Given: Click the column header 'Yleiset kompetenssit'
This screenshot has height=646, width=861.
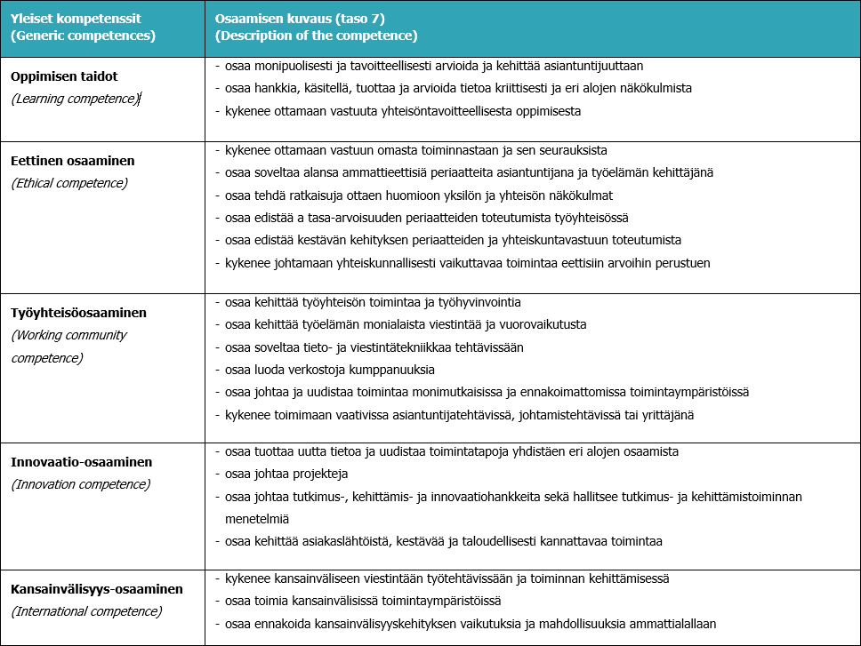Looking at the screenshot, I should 74,19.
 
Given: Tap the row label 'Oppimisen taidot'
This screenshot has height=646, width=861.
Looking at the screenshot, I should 64,76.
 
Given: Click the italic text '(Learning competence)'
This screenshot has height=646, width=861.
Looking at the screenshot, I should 75,99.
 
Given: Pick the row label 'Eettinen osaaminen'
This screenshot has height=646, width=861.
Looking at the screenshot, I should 73,161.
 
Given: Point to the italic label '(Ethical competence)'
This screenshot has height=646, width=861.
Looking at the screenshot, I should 69,183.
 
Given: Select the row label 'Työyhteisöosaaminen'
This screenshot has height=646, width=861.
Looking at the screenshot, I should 78,313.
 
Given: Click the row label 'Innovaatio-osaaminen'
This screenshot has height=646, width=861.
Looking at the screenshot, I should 81,462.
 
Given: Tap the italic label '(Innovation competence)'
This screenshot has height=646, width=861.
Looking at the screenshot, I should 80,484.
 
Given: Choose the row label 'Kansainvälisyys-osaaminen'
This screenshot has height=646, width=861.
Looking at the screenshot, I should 96,589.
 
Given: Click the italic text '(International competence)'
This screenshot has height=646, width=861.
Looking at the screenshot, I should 86,611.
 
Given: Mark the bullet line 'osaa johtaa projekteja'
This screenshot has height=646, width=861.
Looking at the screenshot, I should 286,474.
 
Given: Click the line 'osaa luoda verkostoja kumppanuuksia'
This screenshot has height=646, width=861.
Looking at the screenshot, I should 330,370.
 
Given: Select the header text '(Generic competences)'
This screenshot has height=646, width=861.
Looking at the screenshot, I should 83,36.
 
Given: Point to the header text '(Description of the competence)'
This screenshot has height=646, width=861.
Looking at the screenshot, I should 316,36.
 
